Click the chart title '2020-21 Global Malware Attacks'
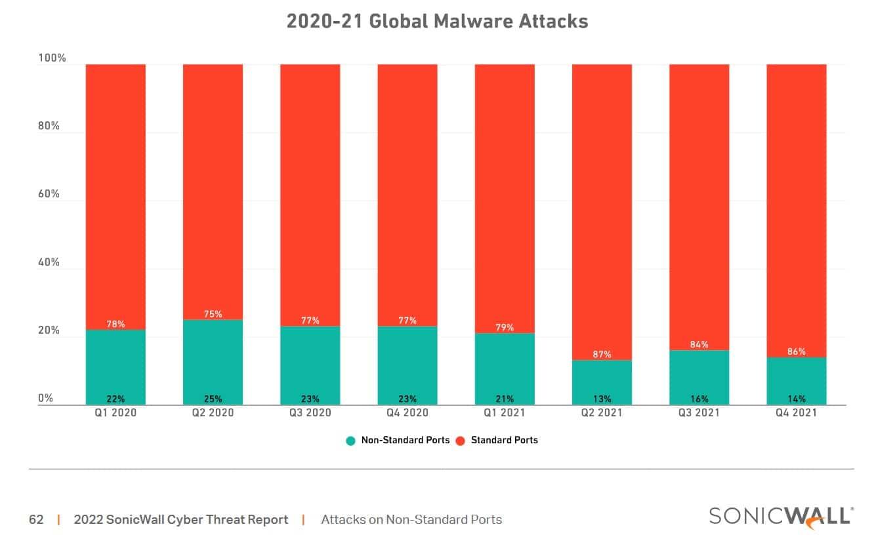click(x=437, y=21)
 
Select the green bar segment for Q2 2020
click(x=213, y=361)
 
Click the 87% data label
click(x=602, y=355)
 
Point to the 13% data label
click(x=602, y=399)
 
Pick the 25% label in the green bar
click(x=213, y=399)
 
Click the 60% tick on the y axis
click(x=49, y=194)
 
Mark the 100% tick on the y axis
click(x=52, y=58)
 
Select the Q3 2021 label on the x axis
click(x=699, y=413)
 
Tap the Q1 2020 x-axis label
click(x=115, y=413)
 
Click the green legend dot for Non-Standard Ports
click(x=351, y=441)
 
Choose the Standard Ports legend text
click(x=504, y=441)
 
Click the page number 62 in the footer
click(x=36, y=520)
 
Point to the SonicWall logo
click(x=781, y=516)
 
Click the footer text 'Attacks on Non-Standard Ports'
click(x=411, y=520)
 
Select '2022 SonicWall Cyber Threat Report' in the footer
click(x=181, y=520)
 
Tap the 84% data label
click(x=699, y=345)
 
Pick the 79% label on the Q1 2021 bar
click(x=505, y=328)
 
